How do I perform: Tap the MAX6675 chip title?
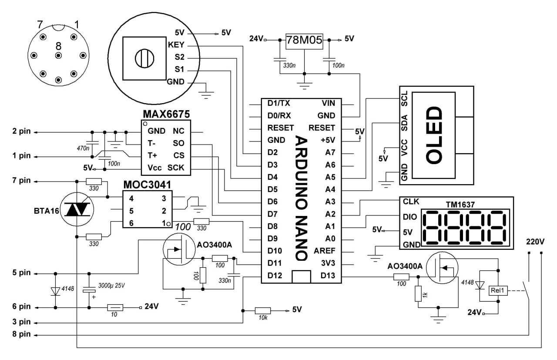pos(166,114)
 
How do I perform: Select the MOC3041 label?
pos(147,185)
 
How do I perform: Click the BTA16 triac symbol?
pos(77,209)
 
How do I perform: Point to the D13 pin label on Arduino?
pos(328,276)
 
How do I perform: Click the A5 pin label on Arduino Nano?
pos(330,177)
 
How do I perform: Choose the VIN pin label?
pos(328,103)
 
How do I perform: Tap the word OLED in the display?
pos(434,135)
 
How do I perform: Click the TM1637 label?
pos(460,205)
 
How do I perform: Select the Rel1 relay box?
pos(498,290)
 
